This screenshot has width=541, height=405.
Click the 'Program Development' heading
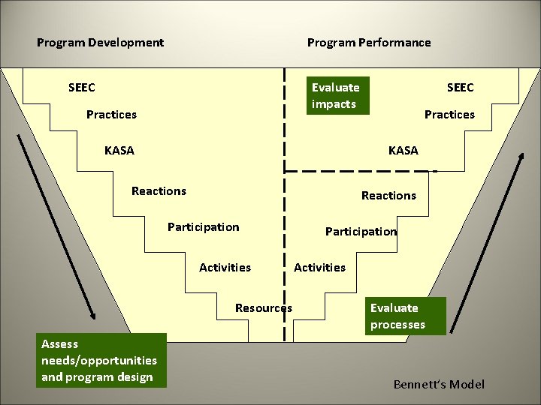[100, 43]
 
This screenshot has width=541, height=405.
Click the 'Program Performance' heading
[369, 43]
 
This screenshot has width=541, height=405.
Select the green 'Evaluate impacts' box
[336, 95]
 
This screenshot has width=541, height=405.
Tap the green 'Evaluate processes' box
[407, 316]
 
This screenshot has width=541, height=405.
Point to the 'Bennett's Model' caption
[439, 385]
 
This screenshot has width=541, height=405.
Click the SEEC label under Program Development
[82, 88]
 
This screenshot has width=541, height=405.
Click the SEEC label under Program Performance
[460, 88]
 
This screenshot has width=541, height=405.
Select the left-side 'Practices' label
[111, 115]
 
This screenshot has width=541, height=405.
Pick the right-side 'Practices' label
[449, 115]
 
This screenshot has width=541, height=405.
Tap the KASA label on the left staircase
[119, 151]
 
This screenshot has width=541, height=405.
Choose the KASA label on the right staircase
[403, 151]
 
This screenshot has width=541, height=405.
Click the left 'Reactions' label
[159, 191]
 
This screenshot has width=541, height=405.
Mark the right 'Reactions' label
[388, 196]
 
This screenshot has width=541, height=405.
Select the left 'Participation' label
[203, 227]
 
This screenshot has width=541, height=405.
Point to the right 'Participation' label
[361, 232]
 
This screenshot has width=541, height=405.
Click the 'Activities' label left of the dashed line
[225, 268]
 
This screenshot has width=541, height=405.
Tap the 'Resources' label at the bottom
[263, 308]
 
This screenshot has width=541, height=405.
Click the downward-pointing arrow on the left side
[56, 225]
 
